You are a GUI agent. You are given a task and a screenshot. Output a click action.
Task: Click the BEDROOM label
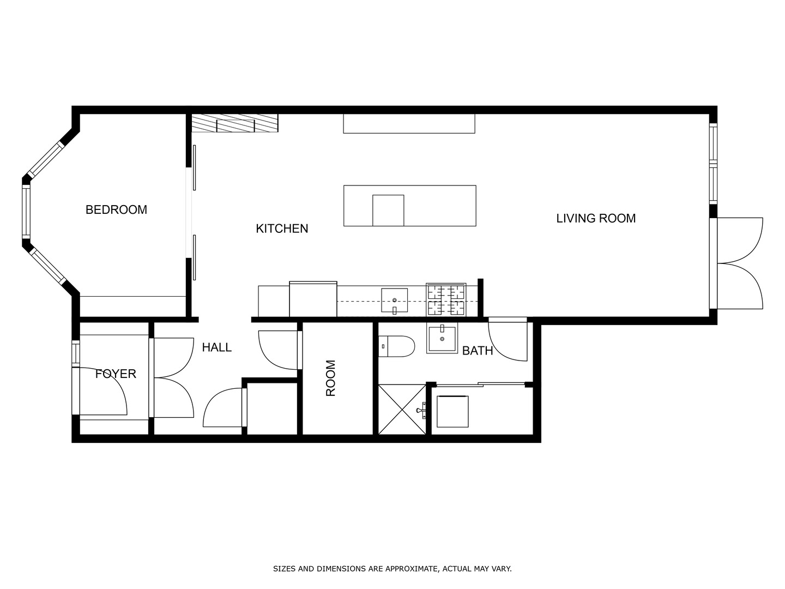point(116,209)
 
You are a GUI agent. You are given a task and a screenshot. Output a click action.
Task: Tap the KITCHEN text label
point(282,229)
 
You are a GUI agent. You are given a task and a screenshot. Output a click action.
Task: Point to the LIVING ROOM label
point(596,218)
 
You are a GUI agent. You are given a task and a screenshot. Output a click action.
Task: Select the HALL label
point(217,347)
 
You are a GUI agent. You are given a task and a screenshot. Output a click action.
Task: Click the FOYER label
point(116,374)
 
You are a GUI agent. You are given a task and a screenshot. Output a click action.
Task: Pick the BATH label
point(478,351)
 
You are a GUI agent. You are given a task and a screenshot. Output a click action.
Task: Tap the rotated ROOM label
point(330,378)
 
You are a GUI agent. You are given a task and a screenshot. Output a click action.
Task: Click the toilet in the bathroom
point(396,346)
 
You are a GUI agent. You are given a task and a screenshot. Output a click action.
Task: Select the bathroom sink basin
point(442,338)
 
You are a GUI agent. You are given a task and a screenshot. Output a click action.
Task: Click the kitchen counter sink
point(395,300)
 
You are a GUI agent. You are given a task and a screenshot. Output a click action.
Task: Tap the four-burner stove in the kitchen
point(446,300)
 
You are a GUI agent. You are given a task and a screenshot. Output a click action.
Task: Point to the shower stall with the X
point(402,410)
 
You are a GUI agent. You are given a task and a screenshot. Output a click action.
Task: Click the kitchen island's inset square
point(388,211)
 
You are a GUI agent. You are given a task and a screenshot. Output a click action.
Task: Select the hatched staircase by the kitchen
point(234,123)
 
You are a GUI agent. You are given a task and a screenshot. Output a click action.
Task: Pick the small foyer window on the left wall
point(75,354)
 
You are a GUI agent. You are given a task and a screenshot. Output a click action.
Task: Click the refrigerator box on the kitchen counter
point(313,299)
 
